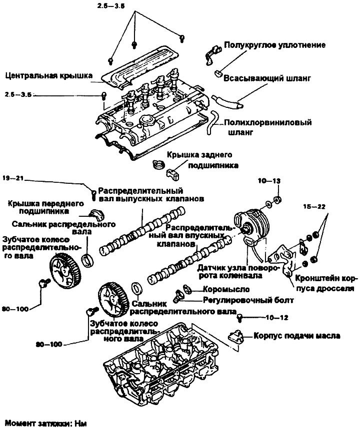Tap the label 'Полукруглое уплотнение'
(275, 45)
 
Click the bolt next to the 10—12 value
(240, 317)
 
